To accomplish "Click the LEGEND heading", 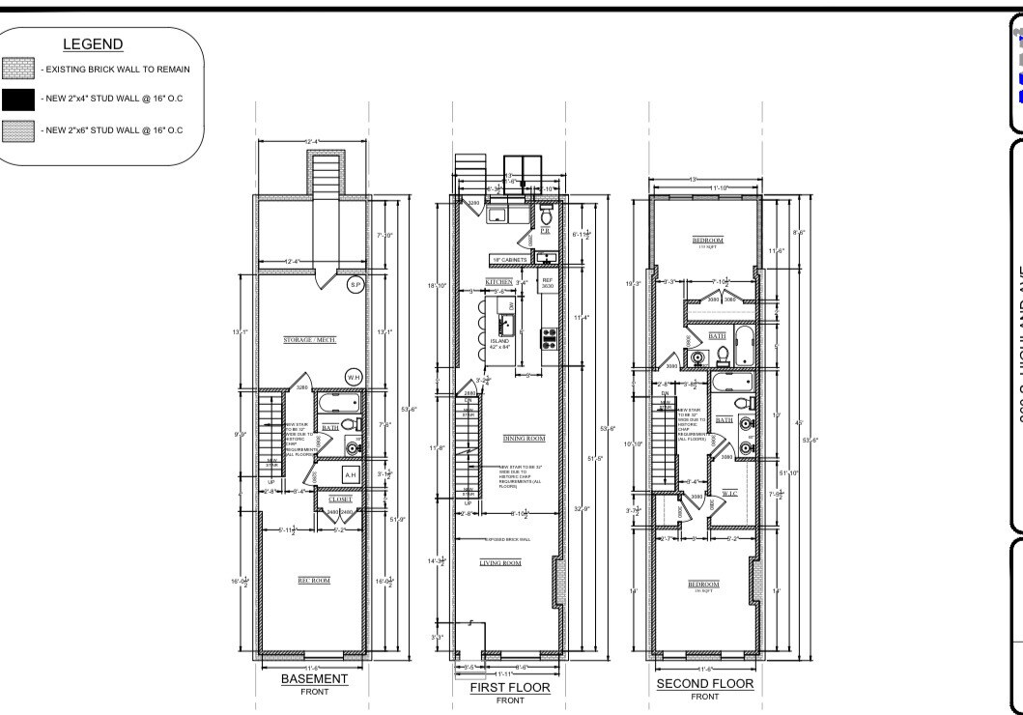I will tap(93, 44).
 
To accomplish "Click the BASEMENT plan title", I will tap(314, 679).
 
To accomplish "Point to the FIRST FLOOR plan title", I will tap(510, 688).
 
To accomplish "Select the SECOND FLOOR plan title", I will tap(705, 684).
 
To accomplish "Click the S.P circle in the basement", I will tap(355, 285).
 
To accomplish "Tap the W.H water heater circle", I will tap(354, 376).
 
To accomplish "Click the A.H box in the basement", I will tap(351, 475).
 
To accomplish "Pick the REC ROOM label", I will tap(313, 581).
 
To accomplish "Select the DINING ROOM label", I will tap(525, 438).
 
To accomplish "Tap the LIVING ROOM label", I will tap(500, 562).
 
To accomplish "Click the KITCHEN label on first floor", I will tap(498, 282).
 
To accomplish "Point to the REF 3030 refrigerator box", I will tap(547, 283).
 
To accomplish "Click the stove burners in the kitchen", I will tap(549, 337).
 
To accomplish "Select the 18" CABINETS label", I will tap(510, 260).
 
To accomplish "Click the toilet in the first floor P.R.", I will tap(546, 210).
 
